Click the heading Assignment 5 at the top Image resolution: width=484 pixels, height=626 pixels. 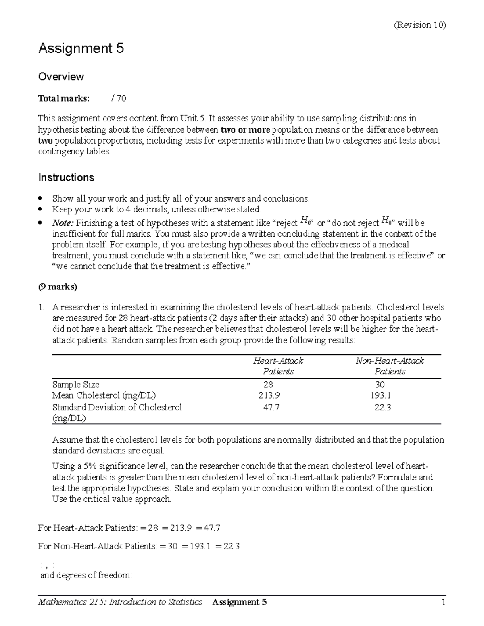click(x=81, y=49)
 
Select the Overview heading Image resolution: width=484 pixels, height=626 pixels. click(x=61, y=77)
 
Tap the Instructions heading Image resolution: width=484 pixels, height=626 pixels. click(x=66, y=177)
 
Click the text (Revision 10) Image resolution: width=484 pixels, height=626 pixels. click(x=419, y=25)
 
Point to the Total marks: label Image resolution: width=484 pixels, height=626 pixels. click(x=64, y=98)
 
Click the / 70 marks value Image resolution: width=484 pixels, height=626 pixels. click(x=119, y=98)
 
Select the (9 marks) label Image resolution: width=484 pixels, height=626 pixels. click(x=58, y=287)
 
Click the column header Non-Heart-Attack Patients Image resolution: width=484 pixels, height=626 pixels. click(x=390, y=366)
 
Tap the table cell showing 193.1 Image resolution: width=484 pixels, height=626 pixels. click(x=380, y=395)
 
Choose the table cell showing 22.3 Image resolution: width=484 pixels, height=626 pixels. click(x=382, y=407)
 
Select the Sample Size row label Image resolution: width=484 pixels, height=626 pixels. click(x=76, y=385)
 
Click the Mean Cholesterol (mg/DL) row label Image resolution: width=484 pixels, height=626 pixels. click(x=104, y=395)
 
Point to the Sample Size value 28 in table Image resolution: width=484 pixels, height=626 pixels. click(x=268, y=385)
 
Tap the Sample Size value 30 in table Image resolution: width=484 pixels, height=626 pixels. click(x=380, y=385)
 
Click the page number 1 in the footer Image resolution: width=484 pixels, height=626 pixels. click(x=443, y=602)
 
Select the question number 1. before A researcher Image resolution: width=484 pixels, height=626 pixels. click(x=41, y=307)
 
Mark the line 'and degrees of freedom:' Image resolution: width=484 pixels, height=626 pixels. click(x=86, y=575)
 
